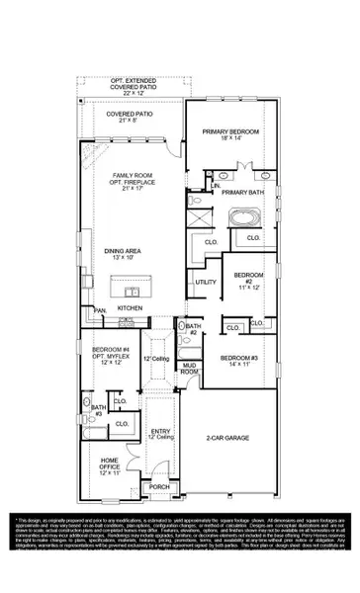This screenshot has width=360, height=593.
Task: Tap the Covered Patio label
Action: coord(133,118)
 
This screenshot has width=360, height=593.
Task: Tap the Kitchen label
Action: coord(131,308)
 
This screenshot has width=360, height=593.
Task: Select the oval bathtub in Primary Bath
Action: coord(242,217)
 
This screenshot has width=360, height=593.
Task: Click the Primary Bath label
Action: coord(240,193)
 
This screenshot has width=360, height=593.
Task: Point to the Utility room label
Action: coord(206,283)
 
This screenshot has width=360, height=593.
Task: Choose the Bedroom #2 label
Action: coord(248,280)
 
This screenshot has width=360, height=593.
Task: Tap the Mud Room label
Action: coord(192,368)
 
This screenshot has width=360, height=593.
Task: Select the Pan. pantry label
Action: coord(101,310)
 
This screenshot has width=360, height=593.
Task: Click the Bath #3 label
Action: coord(98,410)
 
